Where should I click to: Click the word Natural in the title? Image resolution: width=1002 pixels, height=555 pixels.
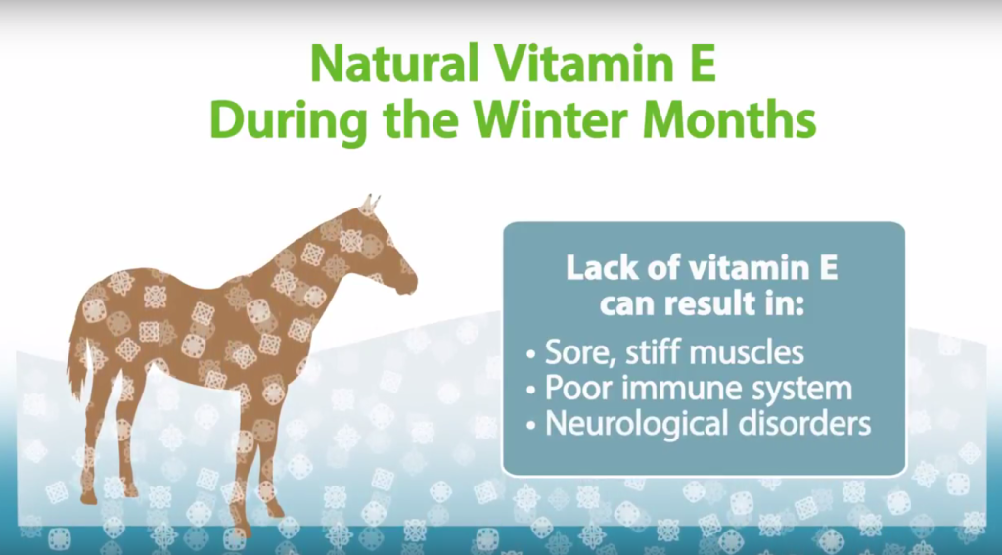click(395, 64)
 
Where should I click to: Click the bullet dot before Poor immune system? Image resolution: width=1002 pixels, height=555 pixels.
click(530, 390)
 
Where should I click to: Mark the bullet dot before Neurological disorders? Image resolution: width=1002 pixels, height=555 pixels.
click(530, 425)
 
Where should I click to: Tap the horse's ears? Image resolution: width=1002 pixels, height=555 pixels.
click(370, 205)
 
